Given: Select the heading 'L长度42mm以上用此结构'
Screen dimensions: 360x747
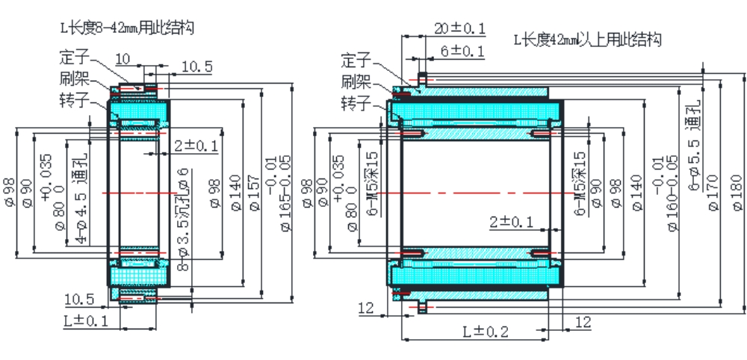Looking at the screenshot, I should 587,38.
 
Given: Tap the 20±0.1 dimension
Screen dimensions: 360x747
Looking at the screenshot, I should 459,28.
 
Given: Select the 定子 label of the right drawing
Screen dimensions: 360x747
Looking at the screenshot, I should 356,59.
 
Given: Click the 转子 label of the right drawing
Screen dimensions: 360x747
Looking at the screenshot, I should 356,102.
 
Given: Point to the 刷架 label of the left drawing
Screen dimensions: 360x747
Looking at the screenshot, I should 74,78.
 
